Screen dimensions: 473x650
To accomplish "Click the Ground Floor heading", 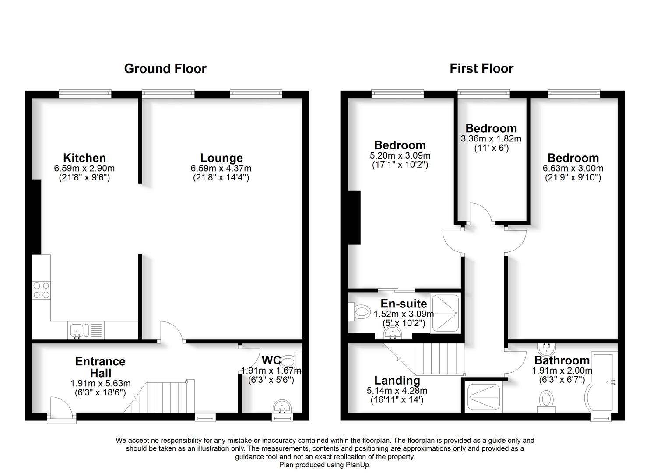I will pos(165,69).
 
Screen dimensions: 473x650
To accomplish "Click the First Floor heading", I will pos(481,69).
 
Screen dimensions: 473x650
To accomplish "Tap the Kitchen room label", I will pos(84,158).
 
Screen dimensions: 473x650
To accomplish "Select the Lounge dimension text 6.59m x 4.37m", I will pos(221,168).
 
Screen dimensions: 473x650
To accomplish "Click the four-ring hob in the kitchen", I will pos(41,289).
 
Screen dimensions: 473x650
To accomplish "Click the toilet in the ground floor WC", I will pos(288,362).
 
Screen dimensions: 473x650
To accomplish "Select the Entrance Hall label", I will pos(100,367).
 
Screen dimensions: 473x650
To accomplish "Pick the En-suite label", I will pos(404,304).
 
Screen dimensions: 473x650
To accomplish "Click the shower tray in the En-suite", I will pos(445,314).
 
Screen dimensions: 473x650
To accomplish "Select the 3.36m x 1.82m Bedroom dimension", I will pos(491,139).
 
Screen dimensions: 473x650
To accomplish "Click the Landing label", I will pos(397,381).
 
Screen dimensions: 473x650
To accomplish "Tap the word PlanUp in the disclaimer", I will pos(358,465).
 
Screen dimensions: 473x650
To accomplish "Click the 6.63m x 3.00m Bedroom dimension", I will pos(573,168).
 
